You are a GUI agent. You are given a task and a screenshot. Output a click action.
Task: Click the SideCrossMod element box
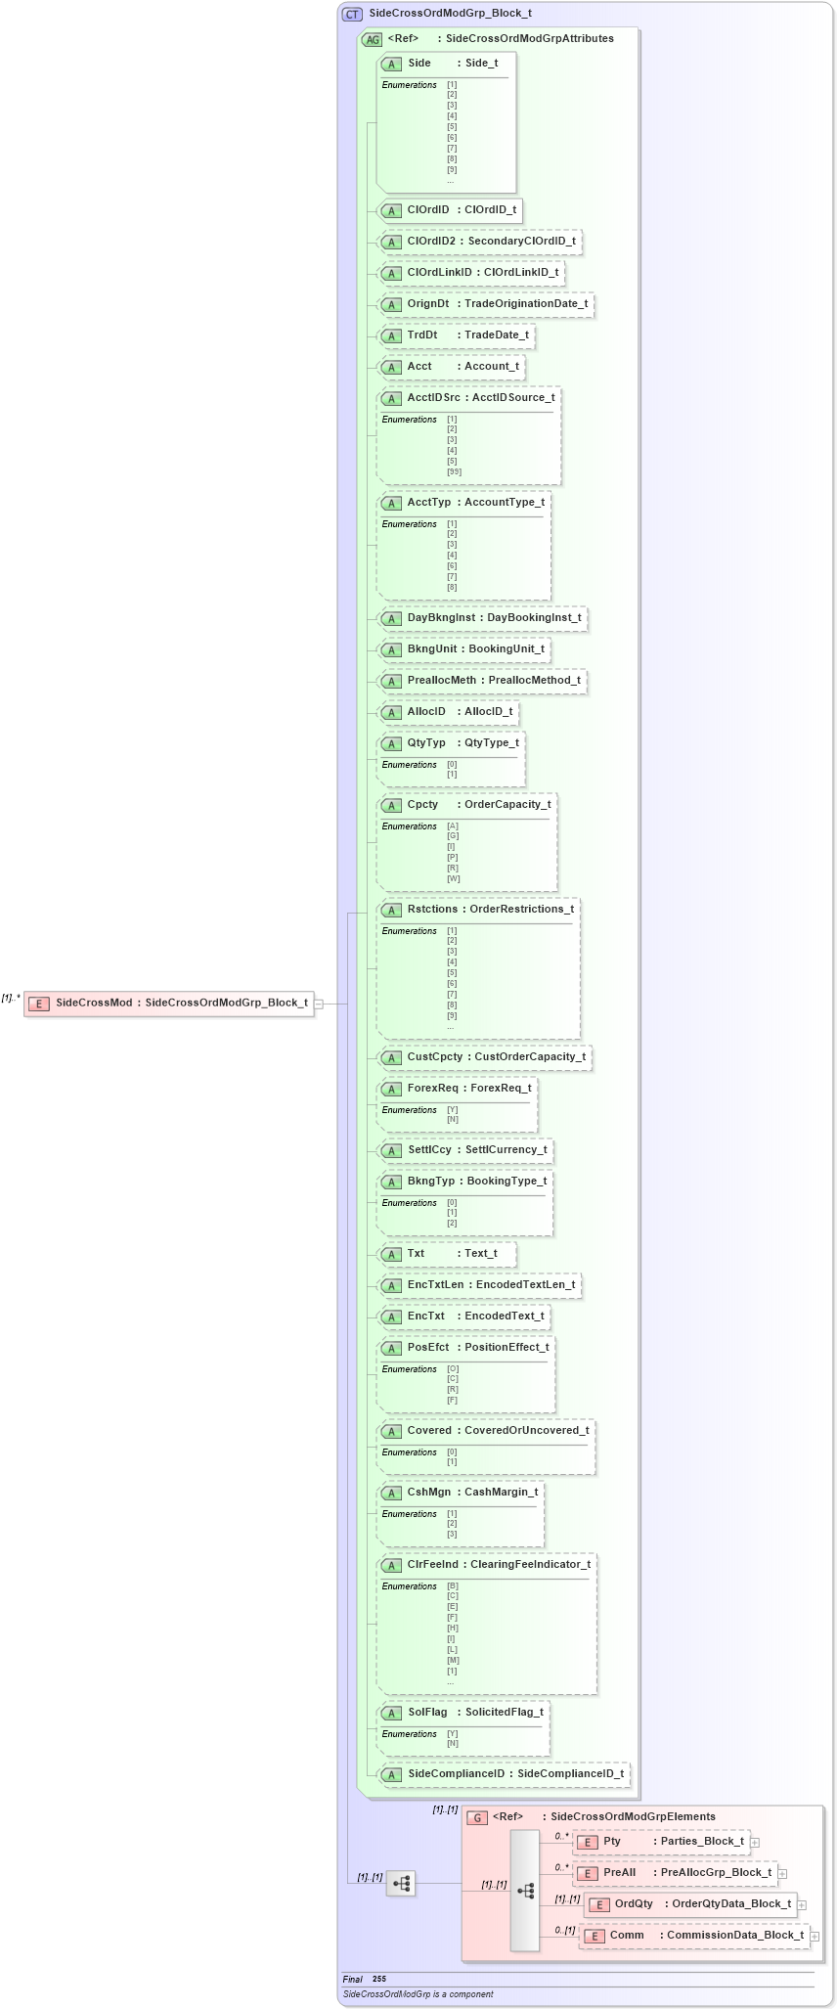pyautogui.click(x=168, y=1003)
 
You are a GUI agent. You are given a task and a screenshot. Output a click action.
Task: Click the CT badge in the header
pyautogui.click(x=352, y=14)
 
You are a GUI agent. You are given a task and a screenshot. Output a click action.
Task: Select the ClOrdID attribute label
pyautogui.click(x=428, y=209)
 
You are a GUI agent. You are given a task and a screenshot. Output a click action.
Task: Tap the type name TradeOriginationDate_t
pyautogui.click(x=526, y=303)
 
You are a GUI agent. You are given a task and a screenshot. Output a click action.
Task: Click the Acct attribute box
pyautogui.click(x=451, y=367)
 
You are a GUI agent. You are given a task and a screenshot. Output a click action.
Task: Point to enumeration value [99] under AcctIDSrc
pyautogui.click(x=454, y=471)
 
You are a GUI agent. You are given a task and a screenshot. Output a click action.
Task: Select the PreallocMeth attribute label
pyautogui.click(x=442, y=680)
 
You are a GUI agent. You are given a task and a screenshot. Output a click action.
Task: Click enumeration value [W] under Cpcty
pyautogui.click(x=454, y=878)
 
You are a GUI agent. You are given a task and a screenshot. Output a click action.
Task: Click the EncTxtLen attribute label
pyautogui.click(x=436, y=1284)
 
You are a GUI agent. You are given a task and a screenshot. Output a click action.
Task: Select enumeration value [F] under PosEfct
pyautogui.click(x=453, y=1400)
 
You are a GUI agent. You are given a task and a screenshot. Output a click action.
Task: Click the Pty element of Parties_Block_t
pyautogui.click(x=661, y=1842)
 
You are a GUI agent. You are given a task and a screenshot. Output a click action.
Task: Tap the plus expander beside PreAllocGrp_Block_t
pyautogui.click(x=782, y=1874)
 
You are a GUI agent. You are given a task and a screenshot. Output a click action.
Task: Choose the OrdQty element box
pyautogui.click(x=690, y=1904)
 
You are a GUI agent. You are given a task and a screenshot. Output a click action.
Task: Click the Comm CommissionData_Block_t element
pyautogui.click(x=694, y=1936)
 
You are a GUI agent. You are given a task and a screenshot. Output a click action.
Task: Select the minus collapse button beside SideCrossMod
pyautogui.click(x=319, y=1004)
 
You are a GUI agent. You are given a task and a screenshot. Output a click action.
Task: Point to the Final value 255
pyautogui.click(x=379, y=1979)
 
